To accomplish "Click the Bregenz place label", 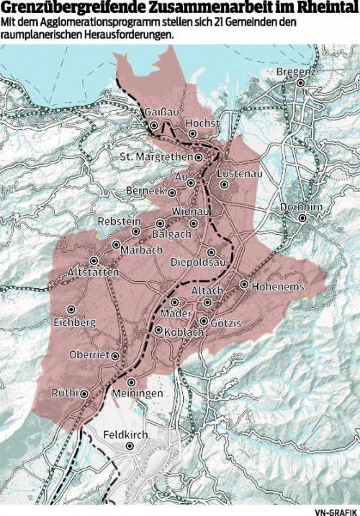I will coord(297,73).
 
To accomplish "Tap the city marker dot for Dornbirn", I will coord(303,218).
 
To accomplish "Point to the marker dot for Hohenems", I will coord(244,285).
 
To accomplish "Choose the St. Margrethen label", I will coord(156,157).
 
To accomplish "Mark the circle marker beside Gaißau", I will coord(153,125).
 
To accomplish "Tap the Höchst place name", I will coord(202,124).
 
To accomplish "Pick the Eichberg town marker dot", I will coord(71,308).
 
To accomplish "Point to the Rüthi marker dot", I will coord(84,393).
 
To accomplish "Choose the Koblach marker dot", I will coord(158,331).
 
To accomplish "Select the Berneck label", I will coord(145,192).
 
